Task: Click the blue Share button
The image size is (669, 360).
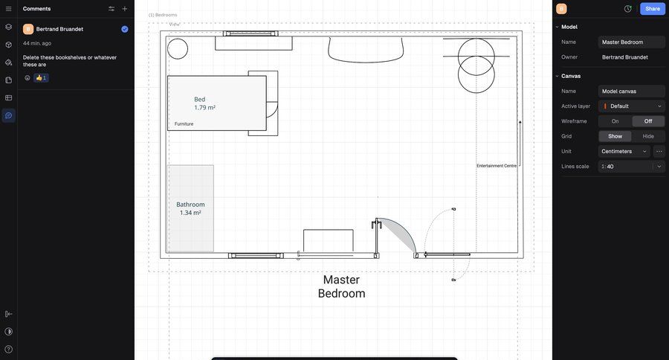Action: click(653, 8)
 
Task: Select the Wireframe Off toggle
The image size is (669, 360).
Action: click(647, 121)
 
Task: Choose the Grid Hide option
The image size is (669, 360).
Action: click(647, 136)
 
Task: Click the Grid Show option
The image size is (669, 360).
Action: click(615, 136)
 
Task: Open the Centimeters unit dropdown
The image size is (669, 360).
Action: click(624, 151)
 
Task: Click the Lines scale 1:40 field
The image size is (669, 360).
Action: click(625, 167)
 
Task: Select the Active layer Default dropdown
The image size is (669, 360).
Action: click(631, 106)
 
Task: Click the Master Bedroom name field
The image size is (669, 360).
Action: click(631, 42)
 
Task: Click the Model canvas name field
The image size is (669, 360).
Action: click(631, 91)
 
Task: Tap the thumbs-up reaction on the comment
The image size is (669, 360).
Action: click(41, 77)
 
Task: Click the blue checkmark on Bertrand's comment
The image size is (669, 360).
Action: click(125, 29)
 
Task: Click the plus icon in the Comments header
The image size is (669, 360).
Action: click(125, 8)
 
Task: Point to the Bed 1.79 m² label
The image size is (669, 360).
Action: click(204, 103)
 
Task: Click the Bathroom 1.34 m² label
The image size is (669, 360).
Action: click(190, 208)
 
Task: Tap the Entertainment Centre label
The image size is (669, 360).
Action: click(497, 166)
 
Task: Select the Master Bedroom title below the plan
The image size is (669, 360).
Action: click(341, 286)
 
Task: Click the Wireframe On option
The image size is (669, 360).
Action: click(615, 121)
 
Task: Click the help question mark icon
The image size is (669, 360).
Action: click(8, 350)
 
